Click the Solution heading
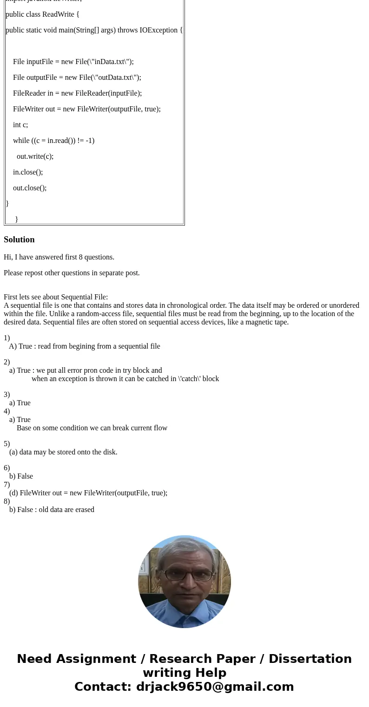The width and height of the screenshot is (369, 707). pyautogui.click(x=19, y=240)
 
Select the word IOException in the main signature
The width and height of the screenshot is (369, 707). pyautogui.click(x=158, y=30)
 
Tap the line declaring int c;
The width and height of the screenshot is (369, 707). pyautogui.click(x=20, y=125)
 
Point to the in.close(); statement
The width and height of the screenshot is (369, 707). pyautogui.click(x=28, y=172)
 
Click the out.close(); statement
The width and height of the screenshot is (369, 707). pyautogui.click(x=30, y=188)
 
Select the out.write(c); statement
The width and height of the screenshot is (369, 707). pyautogui.click(x=35, y=156)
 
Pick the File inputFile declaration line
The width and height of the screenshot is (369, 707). pyautogui.click(x=73, y=62)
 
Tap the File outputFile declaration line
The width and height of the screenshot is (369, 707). pyautogui.click(x=77, y=78)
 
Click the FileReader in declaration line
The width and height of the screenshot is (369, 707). pyautogui.click(x=77, y=93)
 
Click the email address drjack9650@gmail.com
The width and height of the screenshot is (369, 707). pyautogui.click(x=215, y=687)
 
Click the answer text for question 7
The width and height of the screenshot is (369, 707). pyautogui.click(x=88, y=493)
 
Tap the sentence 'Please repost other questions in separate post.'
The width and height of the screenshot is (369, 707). pyautogui.click(x=72, y=273)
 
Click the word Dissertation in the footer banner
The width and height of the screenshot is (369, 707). pyautogui.click(x=310, y=659)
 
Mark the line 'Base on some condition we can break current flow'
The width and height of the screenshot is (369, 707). pyautogui.click(x=92, y=428)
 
